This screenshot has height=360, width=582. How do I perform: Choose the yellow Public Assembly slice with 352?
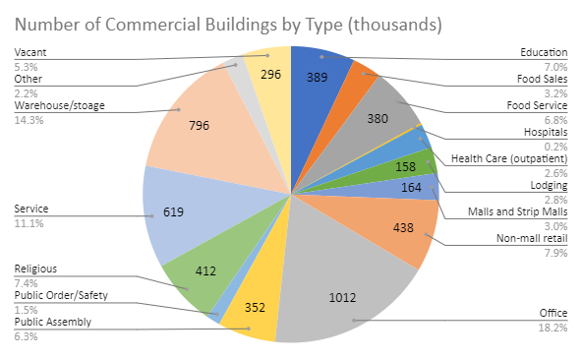(x=254, y=308)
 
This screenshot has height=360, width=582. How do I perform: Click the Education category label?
(x=544, y=52)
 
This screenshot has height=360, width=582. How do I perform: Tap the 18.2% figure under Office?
(x=553, y=327)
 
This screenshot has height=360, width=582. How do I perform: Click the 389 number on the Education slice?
(x=317, y=75)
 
